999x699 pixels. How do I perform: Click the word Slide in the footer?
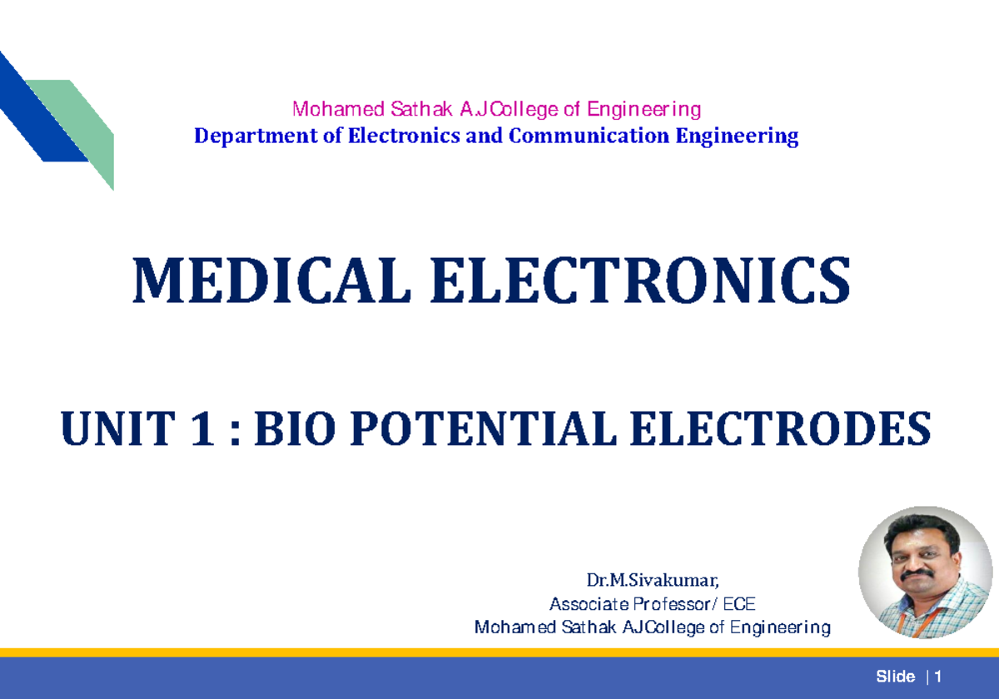896,677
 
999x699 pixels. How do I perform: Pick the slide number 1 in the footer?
938,677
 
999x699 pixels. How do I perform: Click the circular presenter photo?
925,573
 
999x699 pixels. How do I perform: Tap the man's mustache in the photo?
917,573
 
